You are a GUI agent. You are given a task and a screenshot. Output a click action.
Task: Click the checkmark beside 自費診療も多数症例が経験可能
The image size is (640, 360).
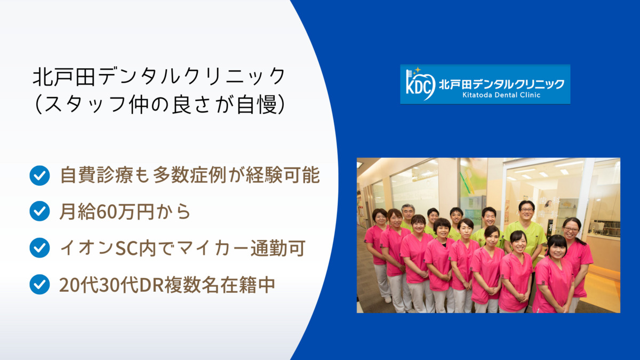[39, 175]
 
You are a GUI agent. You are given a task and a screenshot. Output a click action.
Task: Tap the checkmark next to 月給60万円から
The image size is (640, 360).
[39, 211]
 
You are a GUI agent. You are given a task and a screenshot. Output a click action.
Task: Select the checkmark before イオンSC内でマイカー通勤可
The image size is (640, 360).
[39, 247]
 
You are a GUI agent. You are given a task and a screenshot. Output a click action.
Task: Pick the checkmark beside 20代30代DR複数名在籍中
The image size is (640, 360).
[39, 284]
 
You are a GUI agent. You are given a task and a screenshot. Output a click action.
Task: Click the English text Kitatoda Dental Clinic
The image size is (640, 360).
[501, 95]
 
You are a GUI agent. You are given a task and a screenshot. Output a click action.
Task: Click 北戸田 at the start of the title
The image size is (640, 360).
[64, 77]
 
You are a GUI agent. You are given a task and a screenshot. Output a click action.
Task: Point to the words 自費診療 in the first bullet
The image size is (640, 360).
[97, 175]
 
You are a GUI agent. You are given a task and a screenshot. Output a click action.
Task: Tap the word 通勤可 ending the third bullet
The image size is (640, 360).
[278, 249]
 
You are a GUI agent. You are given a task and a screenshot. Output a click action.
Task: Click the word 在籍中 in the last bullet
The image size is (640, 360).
[247, 285]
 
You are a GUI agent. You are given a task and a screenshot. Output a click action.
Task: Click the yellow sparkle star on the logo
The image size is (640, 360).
[418, 70]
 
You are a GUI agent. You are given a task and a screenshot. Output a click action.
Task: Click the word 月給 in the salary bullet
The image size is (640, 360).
[78, 212]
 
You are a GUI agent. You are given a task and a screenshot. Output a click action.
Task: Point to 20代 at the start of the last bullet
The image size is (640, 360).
[78, 285]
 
